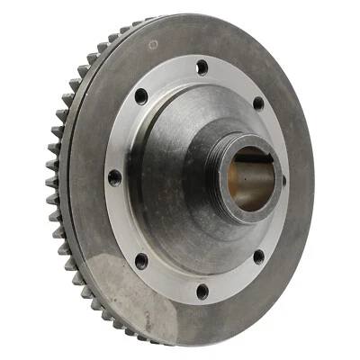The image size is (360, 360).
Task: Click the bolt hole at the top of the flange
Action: (202, 66)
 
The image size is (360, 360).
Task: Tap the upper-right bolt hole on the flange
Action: (258, 103)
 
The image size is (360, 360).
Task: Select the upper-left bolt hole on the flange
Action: (141, 95)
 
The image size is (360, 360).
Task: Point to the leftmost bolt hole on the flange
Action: (114, 177)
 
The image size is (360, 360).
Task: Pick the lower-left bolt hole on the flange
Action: (140, 261)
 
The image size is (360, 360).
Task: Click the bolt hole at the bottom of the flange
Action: (202, 291)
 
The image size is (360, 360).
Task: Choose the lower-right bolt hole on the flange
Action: (258, 256)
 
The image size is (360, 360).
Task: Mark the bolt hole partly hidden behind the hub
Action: (283, 179)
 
